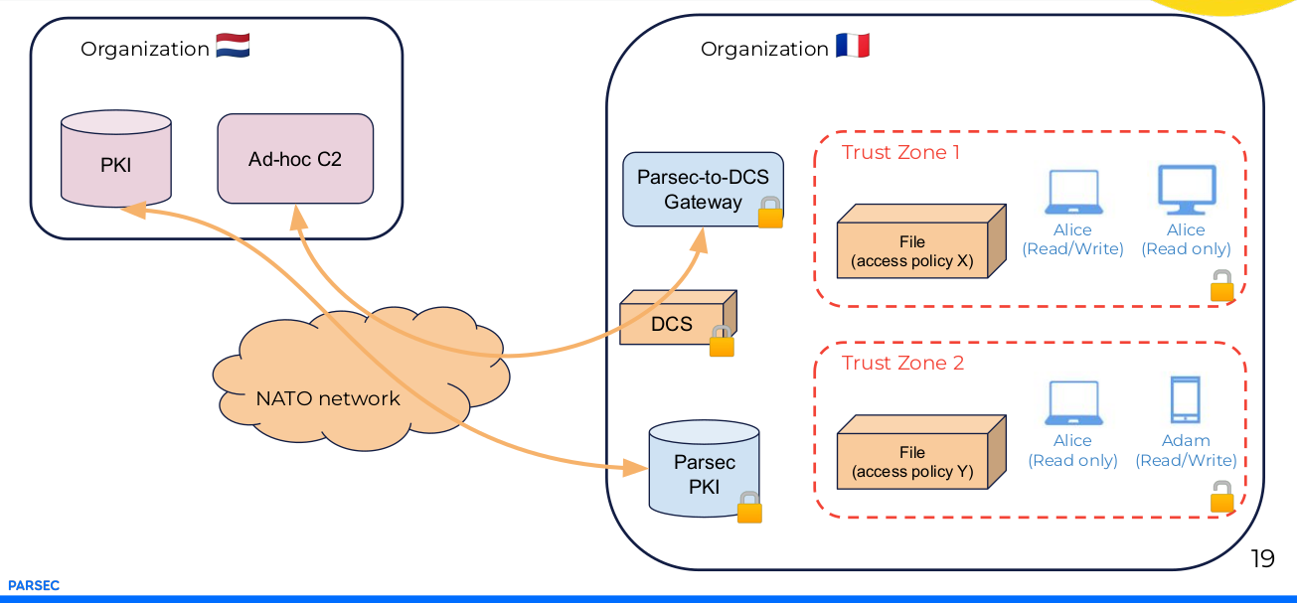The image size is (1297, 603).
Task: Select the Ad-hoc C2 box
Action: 295,158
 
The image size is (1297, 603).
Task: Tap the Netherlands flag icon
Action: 233,47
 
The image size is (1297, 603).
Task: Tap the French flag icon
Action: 852,47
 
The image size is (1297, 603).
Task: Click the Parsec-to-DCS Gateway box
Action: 703,189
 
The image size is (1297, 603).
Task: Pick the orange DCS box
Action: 672,323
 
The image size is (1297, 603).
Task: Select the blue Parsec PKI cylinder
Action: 704,473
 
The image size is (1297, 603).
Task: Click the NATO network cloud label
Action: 328,398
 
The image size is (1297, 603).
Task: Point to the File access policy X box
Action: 912,251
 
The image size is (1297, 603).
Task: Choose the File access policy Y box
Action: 912,462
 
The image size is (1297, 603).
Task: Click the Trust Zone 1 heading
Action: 900,152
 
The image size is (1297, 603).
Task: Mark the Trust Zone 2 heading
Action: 902,363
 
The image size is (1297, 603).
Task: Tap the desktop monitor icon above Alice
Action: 1187,190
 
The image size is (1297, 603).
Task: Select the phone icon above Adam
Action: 1185,399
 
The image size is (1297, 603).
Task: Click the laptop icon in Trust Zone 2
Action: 1072,404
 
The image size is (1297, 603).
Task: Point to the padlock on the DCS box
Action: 722,342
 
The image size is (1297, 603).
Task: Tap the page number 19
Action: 1262,558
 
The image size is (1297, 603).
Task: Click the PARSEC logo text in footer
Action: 34,586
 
